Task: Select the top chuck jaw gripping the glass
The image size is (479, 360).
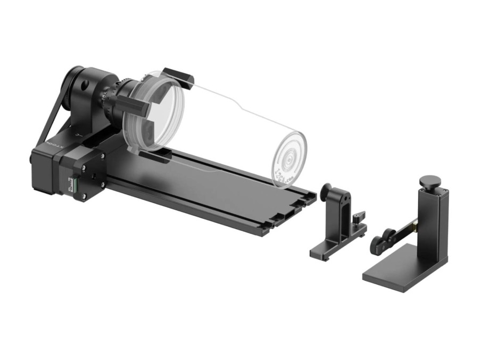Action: point(177,77)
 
